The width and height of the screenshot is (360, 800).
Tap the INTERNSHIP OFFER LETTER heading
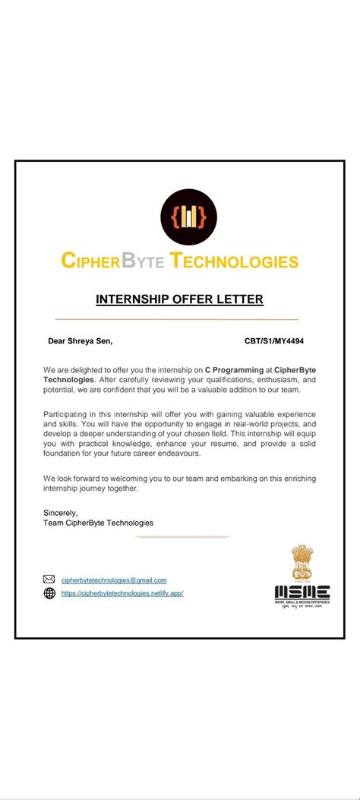(179, 299)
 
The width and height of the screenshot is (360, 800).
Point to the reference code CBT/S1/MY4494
(273, 341)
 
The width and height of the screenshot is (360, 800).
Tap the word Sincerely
(60, 513)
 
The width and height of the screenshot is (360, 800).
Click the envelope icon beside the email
(49, 580)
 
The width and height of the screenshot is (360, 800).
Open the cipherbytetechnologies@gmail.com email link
(114, 580)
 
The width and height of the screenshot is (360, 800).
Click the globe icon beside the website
(49, 593)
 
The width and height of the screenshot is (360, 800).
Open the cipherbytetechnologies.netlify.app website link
(122, 593)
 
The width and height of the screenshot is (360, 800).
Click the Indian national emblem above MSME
(302, 562)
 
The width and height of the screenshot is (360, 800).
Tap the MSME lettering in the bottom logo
(302, 592)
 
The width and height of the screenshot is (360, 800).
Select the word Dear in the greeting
(57, 341)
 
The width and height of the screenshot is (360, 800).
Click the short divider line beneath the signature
(182, 537)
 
